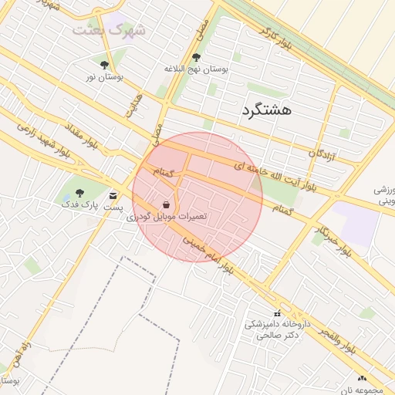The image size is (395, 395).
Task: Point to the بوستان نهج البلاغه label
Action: click(197, 69)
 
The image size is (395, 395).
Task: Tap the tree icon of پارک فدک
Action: click(80, 193)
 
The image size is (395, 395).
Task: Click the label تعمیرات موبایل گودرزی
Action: click(169, 218)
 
